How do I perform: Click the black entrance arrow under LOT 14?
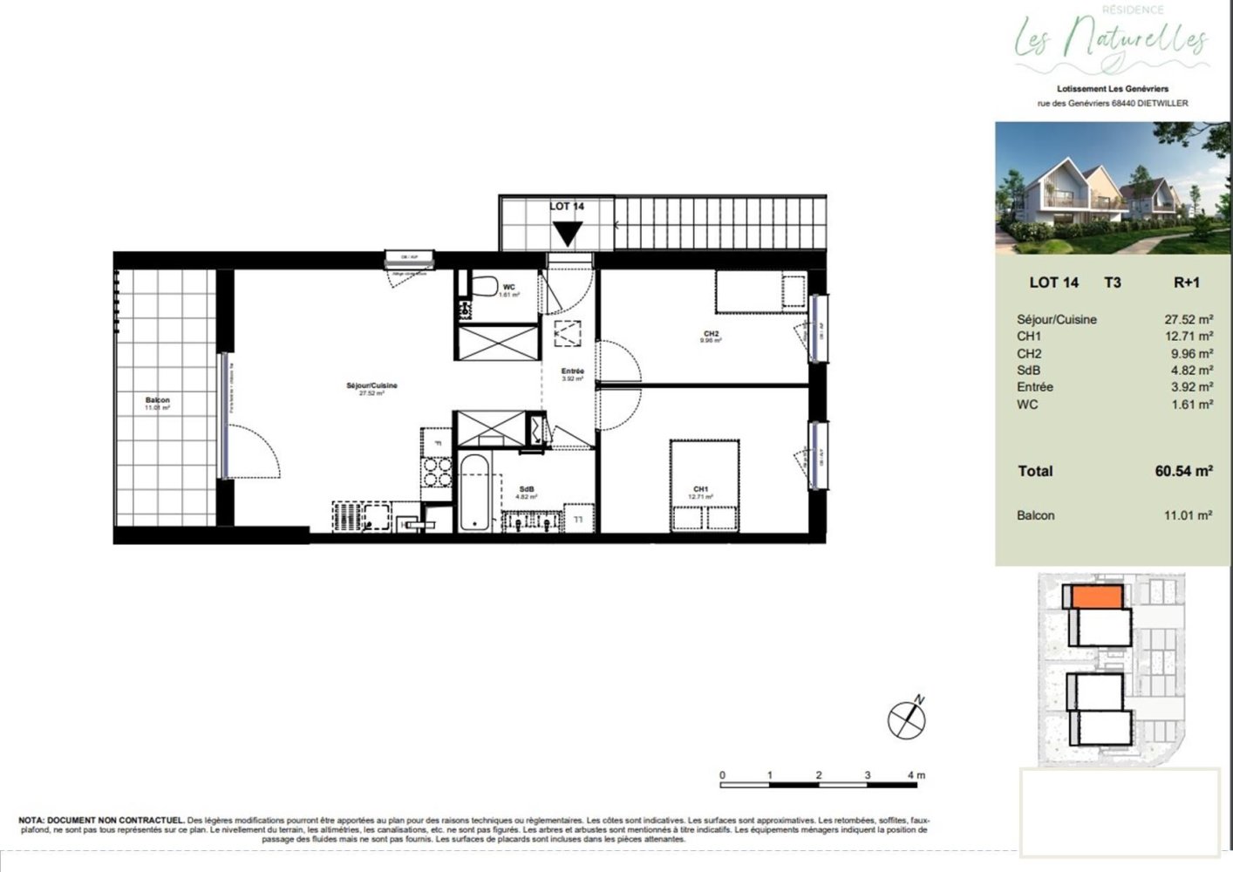click(568, 233)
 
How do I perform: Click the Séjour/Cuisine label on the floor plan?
click(372, 385)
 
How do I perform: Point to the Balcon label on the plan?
click(158, 400)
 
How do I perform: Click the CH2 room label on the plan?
click(712, 333)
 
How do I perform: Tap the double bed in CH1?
click(705, 486)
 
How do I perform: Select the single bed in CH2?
click(760, 291)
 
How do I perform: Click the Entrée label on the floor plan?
click(572, 371)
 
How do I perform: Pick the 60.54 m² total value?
click(1183, 471)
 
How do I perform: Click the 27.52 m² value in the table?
click(1189, 319)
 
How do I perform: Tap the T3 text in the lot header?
click(1112, 282)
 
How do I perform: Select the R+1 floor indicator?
click(1187, 282)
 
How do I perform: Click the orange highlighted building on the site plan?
click(1096, 597)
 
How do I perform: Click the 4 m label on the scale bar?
click(916, 775)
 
